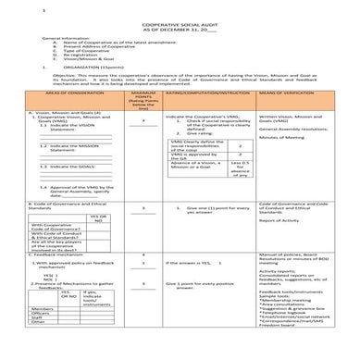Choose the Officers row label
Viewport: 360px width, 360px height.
click(x=43, y=338)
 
